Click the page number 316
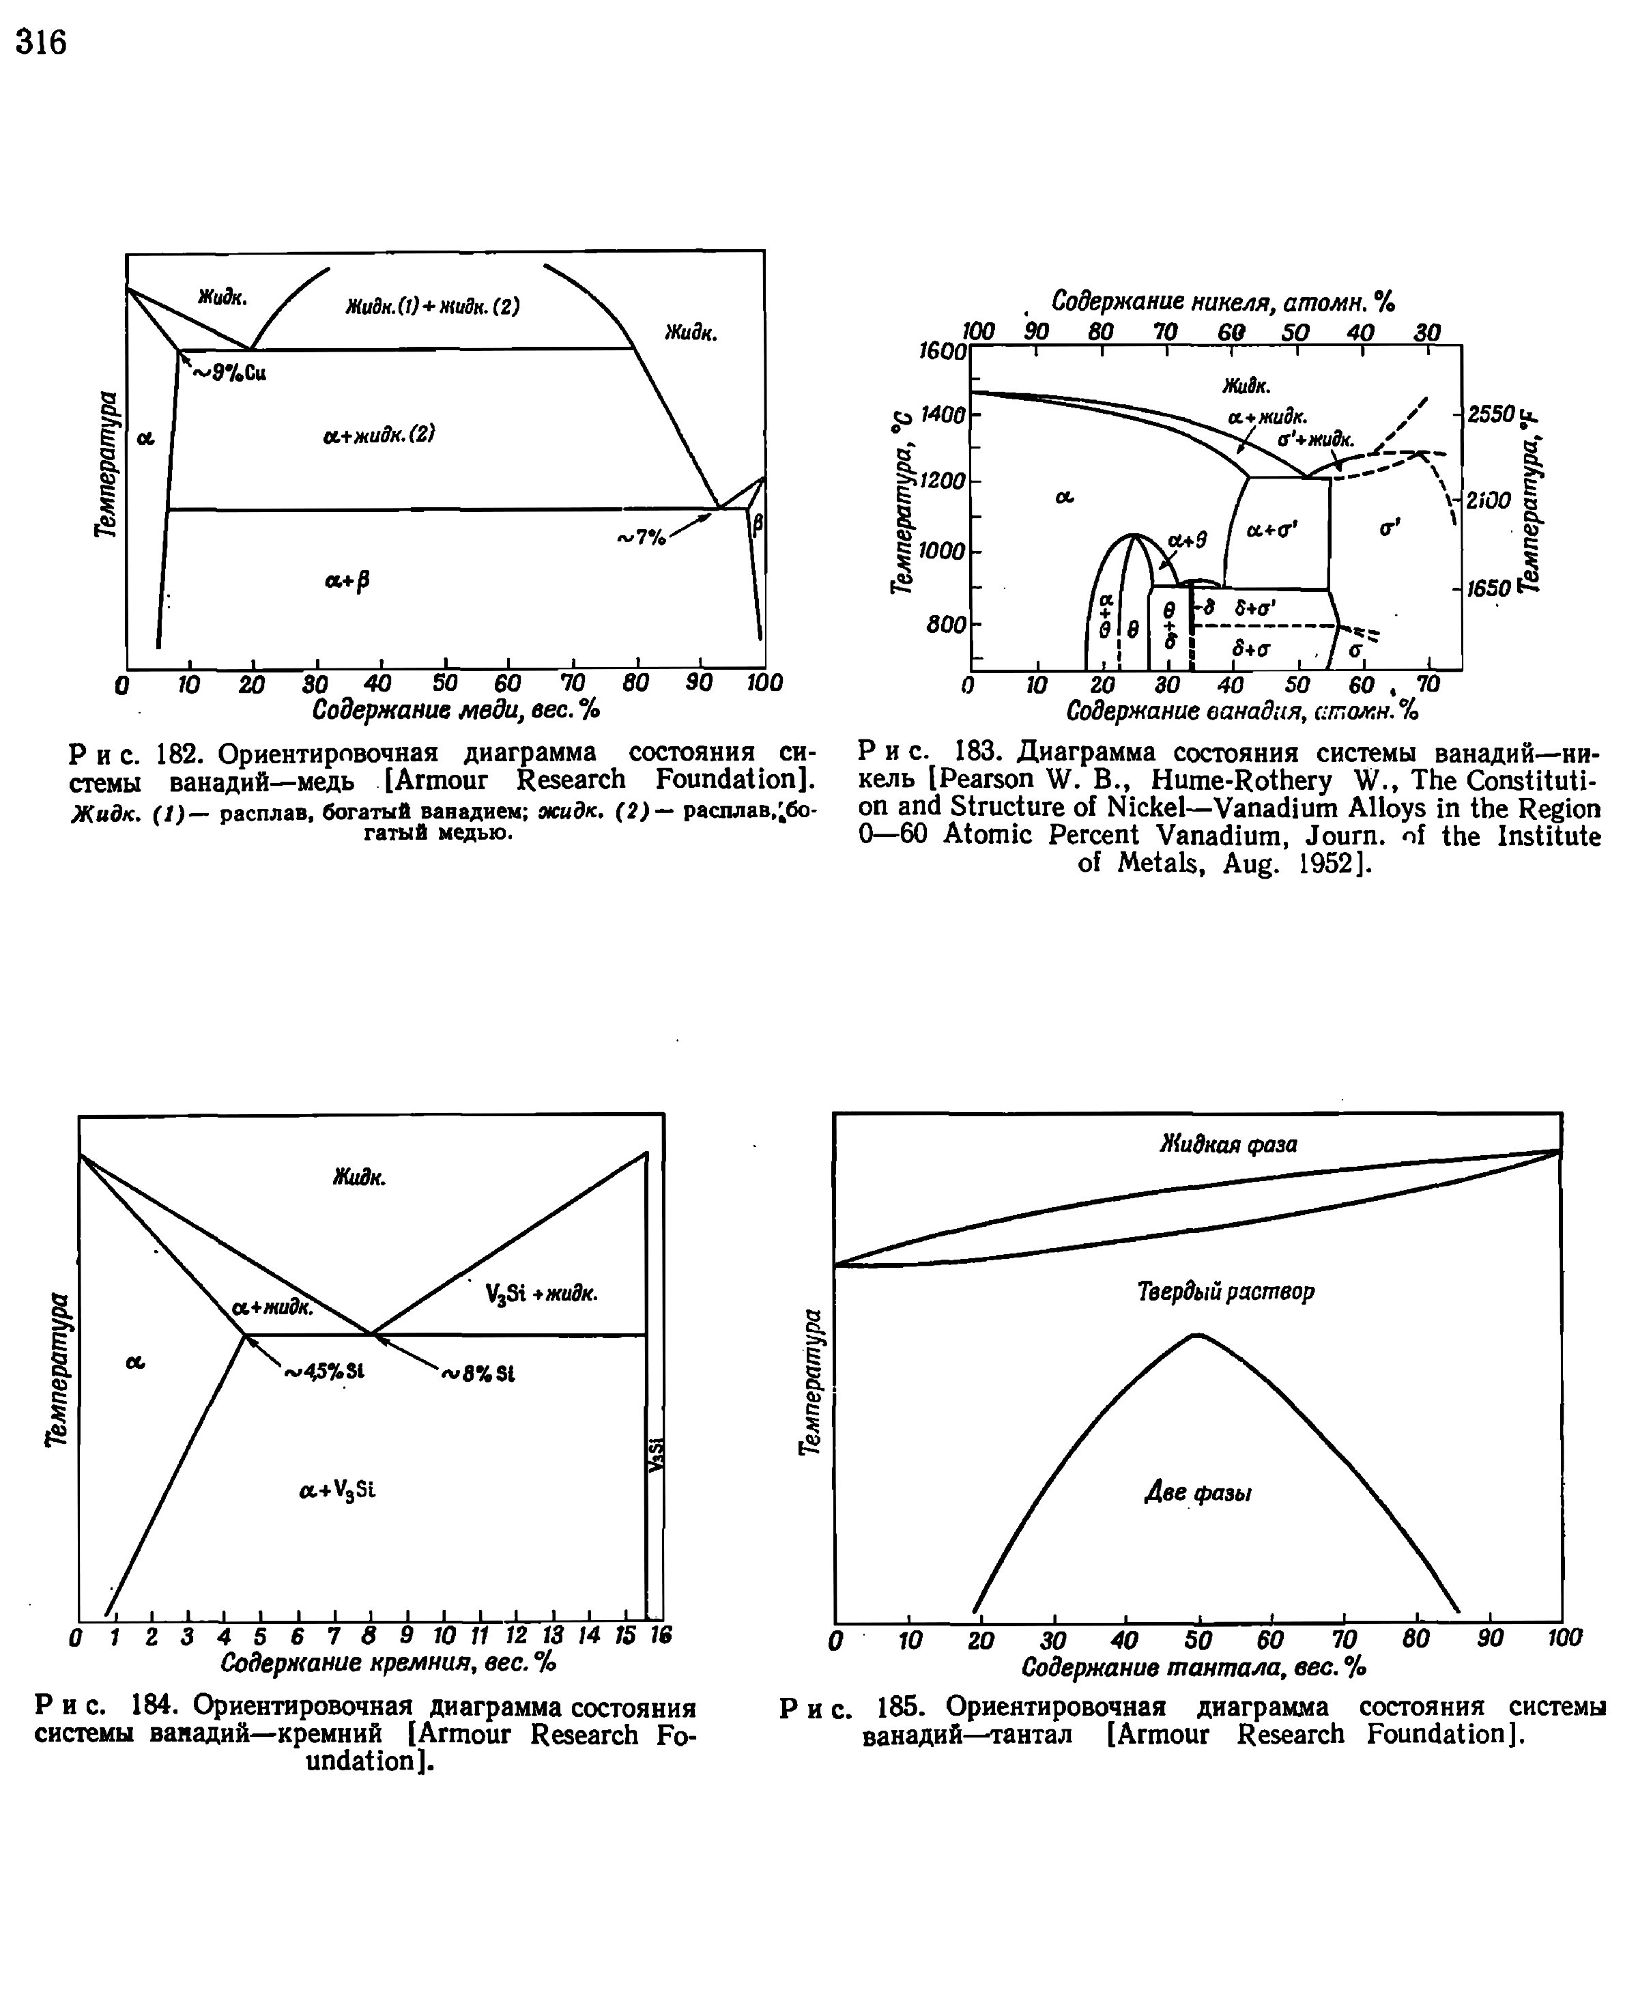coord(42,42)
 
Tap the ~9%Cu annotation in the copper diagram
coord(230,373)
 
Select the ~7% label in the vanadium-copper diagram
coord(641,538)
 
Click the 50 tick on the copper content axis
coord(444,681)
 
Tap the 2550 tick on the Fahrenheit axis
coord(1490,413)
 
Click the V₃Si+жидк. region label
coord(541,1294)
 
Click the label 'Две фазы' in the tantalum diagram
coord(1197,1494)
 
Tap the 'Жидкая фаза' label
coord(1228,1144)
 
